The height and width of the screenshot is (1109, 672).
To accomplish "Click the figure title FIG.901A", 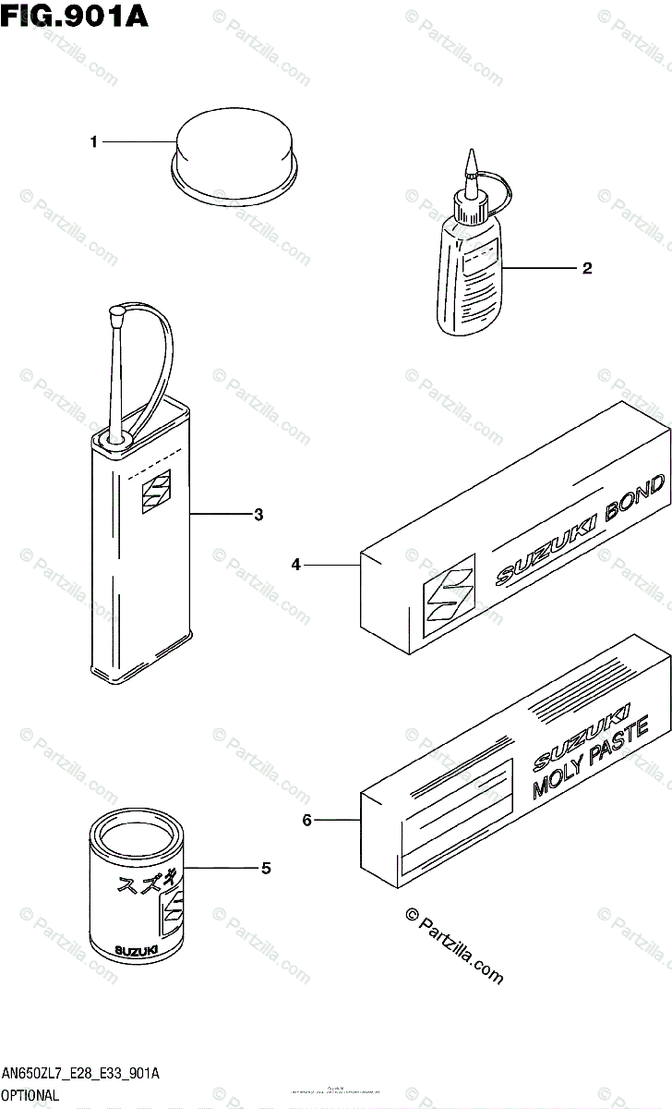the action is click(75, 16).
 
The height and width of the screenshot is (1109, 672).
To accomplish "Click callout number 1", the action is click(93, 141).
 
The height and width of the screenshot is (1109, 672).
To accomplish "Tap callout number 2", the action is click(586, 269).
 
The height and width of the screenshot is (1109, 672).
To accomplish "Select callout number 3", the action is click(258, 514).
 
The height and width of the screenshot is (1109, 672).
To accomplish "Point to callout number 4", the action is click(295, 564).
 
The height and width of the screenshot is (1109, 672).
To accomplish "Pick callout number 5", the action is click(265, 868).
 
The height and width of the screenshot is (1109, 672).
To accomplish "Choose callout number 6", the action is click(307, 819).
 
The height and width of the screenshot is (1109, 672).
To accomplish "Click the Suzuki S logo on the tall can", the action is click(155, 492).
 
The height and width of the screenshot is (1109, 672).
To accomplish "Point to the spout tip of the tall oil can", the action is click(117, 316).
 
